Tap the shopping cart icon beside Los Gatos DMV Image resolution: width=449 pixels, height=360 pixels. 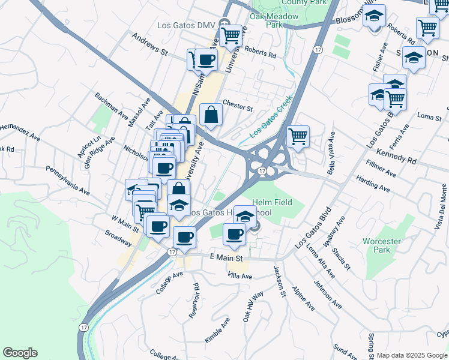[x=231, y=36]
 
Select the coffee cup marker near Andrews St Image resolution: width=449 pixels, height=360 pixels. [x=206, y=59]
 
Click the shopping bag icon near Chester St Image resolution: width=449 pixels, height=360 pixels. [x=212, y=113]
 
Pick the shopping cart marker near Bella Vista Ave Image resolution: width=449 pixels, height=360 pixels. [x=298, y=136]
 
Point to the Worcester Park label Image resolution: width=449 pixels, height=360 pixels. [x=382, y=245]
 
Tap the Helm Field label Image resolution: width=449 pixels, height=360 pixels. [x=272, y=202]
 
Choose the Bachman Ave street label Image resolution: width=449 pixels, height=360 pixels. [x=112, y=104]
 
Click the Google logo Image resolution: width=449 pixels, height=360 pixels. [x=20, y=353]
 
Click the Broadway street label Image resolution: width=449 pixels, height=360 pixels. [x=118, y=238]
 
